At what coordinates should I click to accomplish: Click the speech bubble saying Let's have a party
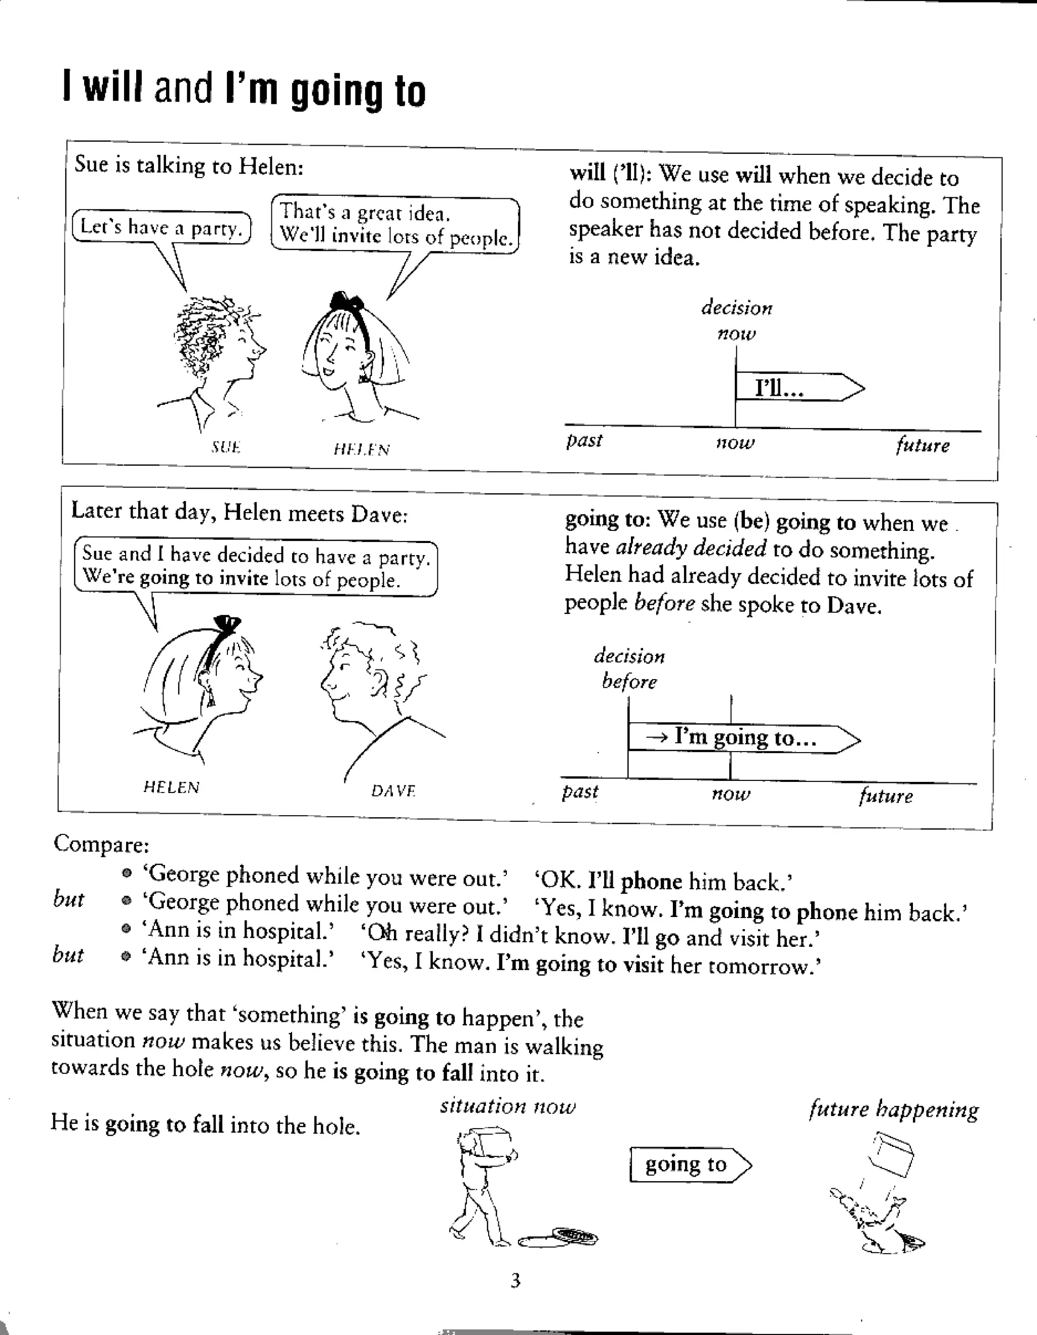(x=162, y=227)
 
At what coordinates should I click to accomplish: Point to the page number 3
(x=515, y=1280)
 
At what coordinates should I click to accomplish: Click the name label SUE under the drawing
(x=226, y=447)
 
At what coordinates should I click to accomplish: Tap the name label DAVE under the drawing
(x=393, y=791)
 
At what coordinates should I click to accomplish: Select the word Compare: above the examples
(x=101, y=844)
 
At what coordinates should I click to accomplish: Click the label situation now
(x=507, y=1106)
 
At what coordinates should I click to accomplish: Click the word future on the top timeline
(x=922, y=445)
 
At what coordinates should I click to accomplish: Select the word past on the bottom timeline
(x=580, y=791)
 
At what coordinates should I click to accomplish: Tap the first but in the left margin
(x=68, y=899)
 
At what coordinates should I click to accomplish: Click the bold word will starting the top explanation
(x=587, y=173)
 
